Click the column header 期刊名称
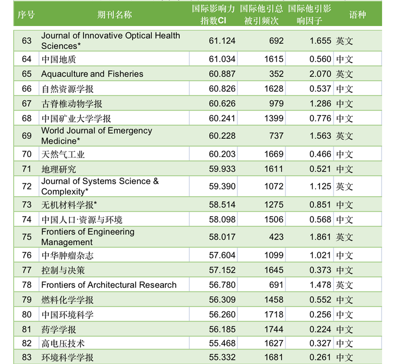point(114,15)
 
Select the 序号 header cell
point(26,15)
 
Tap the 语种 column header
point(357,15)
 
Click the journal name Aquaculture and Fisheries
point(92,74)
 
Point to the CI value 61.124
point(222,41)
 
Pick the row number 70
point(27,154)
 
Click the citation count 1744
point(274,329)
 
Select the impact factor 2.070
point(320,74)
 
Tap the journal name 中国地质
point(59,59)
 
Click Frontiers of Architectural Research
point(109,285)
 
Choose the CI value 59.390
point(222,186)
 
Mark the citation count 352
point(276,74)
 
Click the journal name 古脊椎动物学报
point(72,104)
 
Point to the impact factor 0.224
point(320,329)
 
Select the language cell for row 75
point(344,237)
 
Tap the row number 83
point(27,357)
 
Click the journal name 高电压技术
point(63,344)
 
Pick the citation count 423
point(276,237)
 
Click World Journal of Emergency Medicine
point(96,136)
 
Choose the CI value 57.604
point(222,255)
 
